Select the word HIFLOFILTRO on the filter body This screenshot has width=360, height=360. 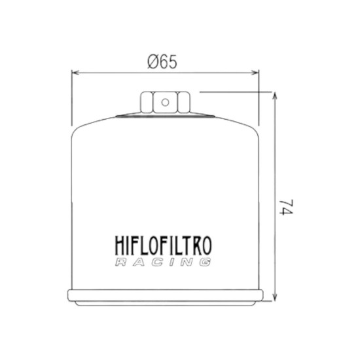tap(164, 247)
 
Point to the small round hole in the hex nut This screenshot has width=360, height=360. tap(165, 101)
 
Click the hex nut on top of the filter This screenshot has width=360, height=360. tap(165, 103)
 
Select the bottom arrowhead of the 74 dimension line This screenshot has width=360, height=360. tap(275, 304)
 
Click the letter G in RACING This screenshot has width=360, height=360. tap(206, 263)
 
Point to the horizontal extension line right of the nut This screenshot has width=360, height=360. tap(236, 92)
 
